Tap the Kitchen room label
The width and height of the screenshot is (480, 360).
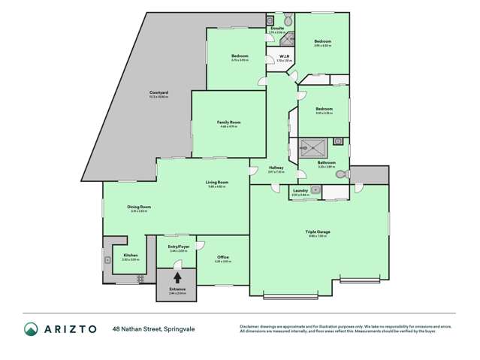pyautogui.click(x=130, y=256)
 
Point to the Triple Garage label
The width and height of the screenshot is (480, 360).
pyautogui.click(x=318, y=231)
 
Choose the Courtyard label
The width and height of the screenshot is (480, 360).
pyautogui.click(x=158, y=92)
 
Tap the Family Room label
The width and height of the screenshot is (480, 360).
pyautogui.click(x=228, y=122)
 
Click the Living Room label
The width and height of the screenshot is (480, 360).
pyautogui.click(x=217, y=182)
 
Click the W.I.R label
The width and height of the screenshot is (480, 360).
pyautogui.click(x=285, y=56)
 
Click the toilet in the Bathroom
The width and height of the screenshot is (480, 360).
pyautogui.click(x=340, y=174)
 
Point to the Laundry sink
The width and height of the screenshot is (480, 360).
pyautogui.click(x=316, y=191)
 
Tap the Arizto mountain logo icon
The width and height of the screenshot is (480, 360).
pyautogui.click(x=31, y=329)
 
